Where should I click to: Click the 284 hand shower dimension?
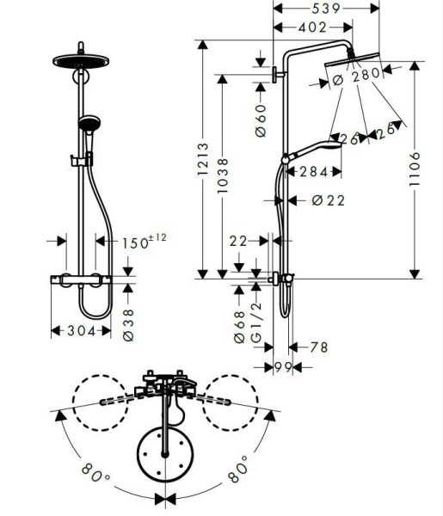(x=313, y=172)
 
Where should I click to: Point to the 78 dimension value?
(x=317, y=347)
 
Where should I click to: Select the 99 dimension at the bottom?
(x=281, y=367)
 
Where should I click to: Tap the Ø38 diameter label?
(x=129, y=325)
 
